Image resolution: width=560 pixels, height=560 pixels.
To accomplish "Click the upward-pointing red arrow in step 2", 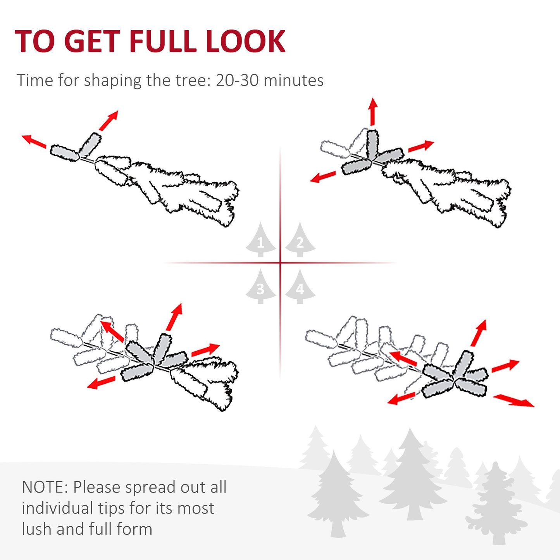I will pyautogui.click(x=373, y=111).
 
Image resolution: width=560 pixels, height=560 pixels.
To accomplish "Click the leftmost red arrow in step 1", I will pyautogui.click(x=34, y=141).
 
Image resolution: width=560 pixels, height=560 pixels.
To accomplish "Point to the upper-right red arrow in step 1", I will pyautogui.click(x=109, y=120).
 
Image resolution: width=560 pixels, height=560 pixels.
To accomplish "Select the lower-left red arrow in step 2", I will pyautogui.click(x=323, y=177).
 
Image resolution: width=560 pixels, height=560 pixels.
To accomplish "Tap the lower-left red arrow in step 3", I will pyautogui.click(x=101, y=383).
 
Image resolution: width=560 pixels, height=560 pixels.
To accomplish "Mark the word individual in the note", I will pyautogui.click(x=57, y=508).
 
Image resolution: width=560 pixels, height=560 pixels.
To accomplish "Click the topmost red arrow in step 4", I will pyautogui.click(x=479, y=333).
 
